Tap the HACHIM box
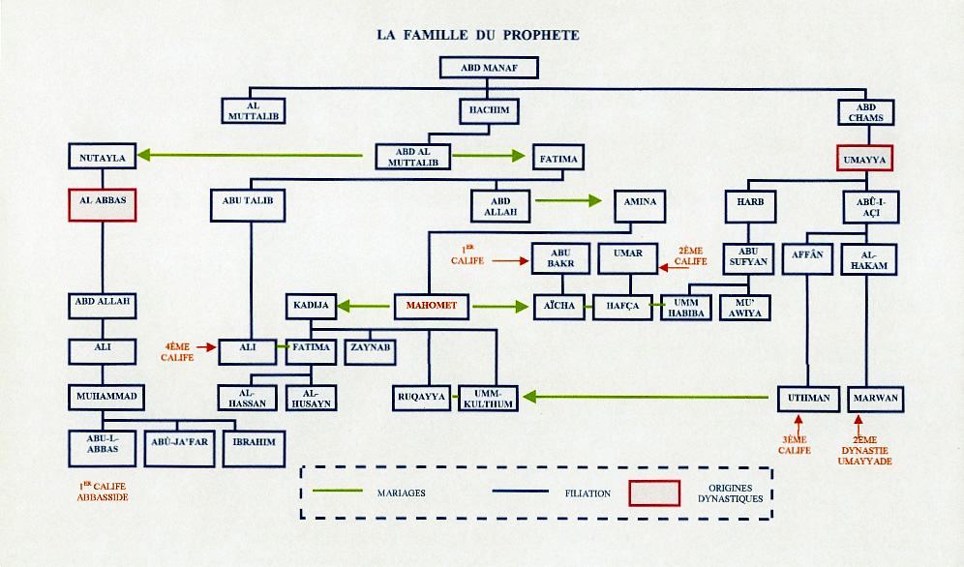coord(490,109)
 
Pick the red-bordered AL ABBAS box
coord(103,204)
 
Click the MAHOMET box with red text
coord(425,307)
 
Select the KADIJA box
coord(311,307)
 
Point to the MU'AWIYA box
coord(744,307)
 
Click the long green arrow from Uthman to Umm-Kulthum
coord(648,397)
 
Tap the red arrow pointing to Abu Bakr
coord(510,260)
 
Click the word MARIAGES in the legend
coord(401,492)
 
